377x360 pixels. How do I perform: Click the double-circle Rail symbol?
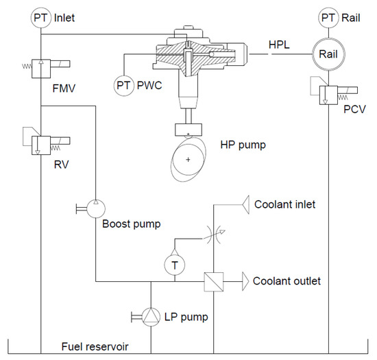[330, 53]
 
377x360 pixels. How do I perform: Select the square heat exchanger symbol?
[214, 280]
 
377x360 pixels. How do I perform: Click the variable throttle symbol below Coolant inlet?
[215, 235]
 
